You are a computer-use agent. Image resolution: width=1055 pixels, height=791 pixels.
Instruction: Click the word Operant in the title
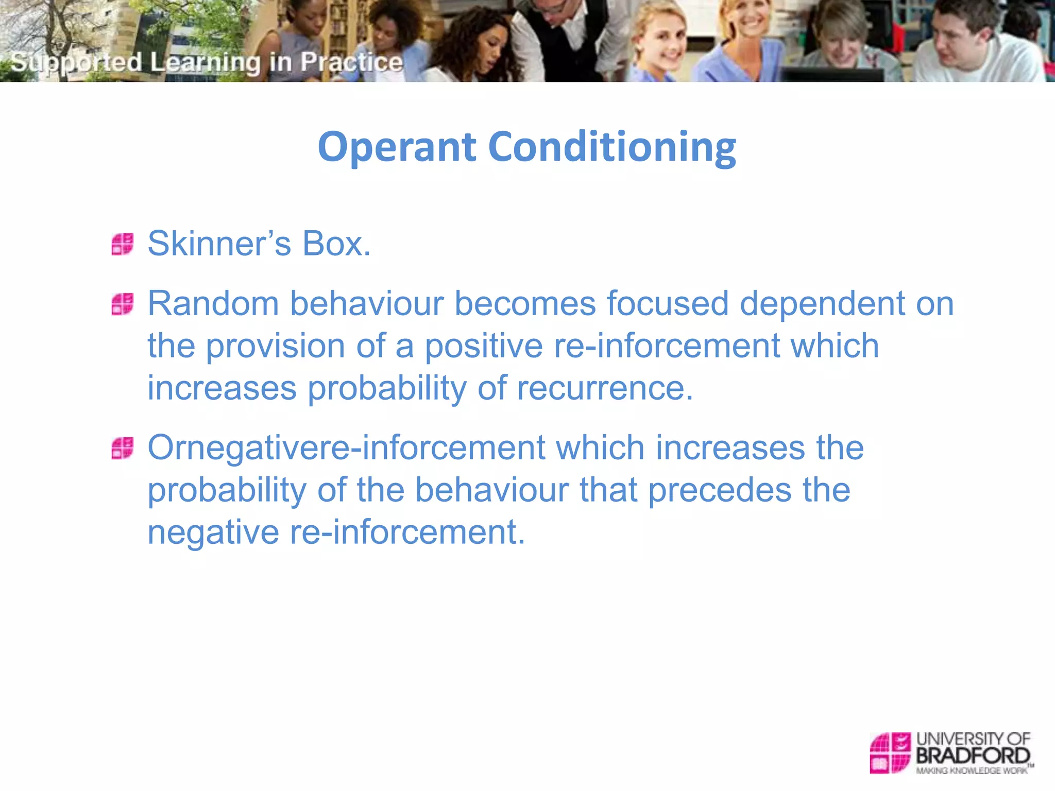coord(397,147)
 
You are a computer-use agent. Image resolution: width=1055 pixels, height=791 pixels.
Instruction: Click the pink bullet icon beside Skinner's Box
coord(123,244)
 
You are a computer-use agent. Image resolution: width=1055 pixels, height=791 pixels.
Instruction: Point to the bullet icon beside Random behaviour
coord(123,304)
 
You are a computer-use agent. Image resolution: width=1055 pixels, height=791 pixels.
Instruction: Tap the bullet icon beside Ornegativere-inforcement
coord(123,448)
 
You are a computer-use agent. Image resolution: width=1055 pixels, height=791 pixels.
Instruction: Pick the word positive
coord(483,346)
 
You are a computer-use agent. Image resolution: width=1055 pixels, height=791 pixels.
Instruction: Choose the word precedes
coord(719,490)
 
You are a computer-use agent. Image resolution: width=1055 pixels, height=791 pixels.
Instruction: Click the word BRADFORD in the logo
coord(973,755)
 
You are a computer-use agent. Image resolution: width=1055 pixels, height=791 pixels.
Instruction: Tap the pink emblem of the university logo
coord(890,753)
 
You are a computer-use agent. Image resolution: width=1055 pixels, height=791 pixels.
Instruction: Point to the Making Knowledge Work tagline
coord(971,770)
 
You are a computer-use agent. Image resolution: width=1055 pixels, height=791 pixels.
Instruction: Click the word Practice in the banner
coord(351,62)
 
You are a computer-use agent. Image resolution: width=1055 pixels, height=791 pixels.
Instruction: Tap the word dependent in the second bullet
coord(822,303)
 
